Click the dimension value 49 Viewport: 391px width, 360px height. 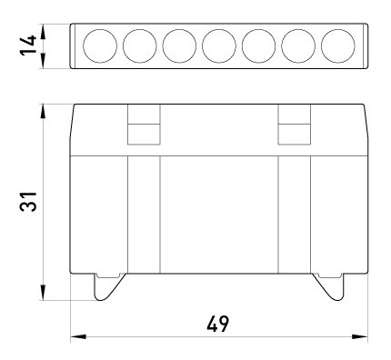(217, 323)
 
